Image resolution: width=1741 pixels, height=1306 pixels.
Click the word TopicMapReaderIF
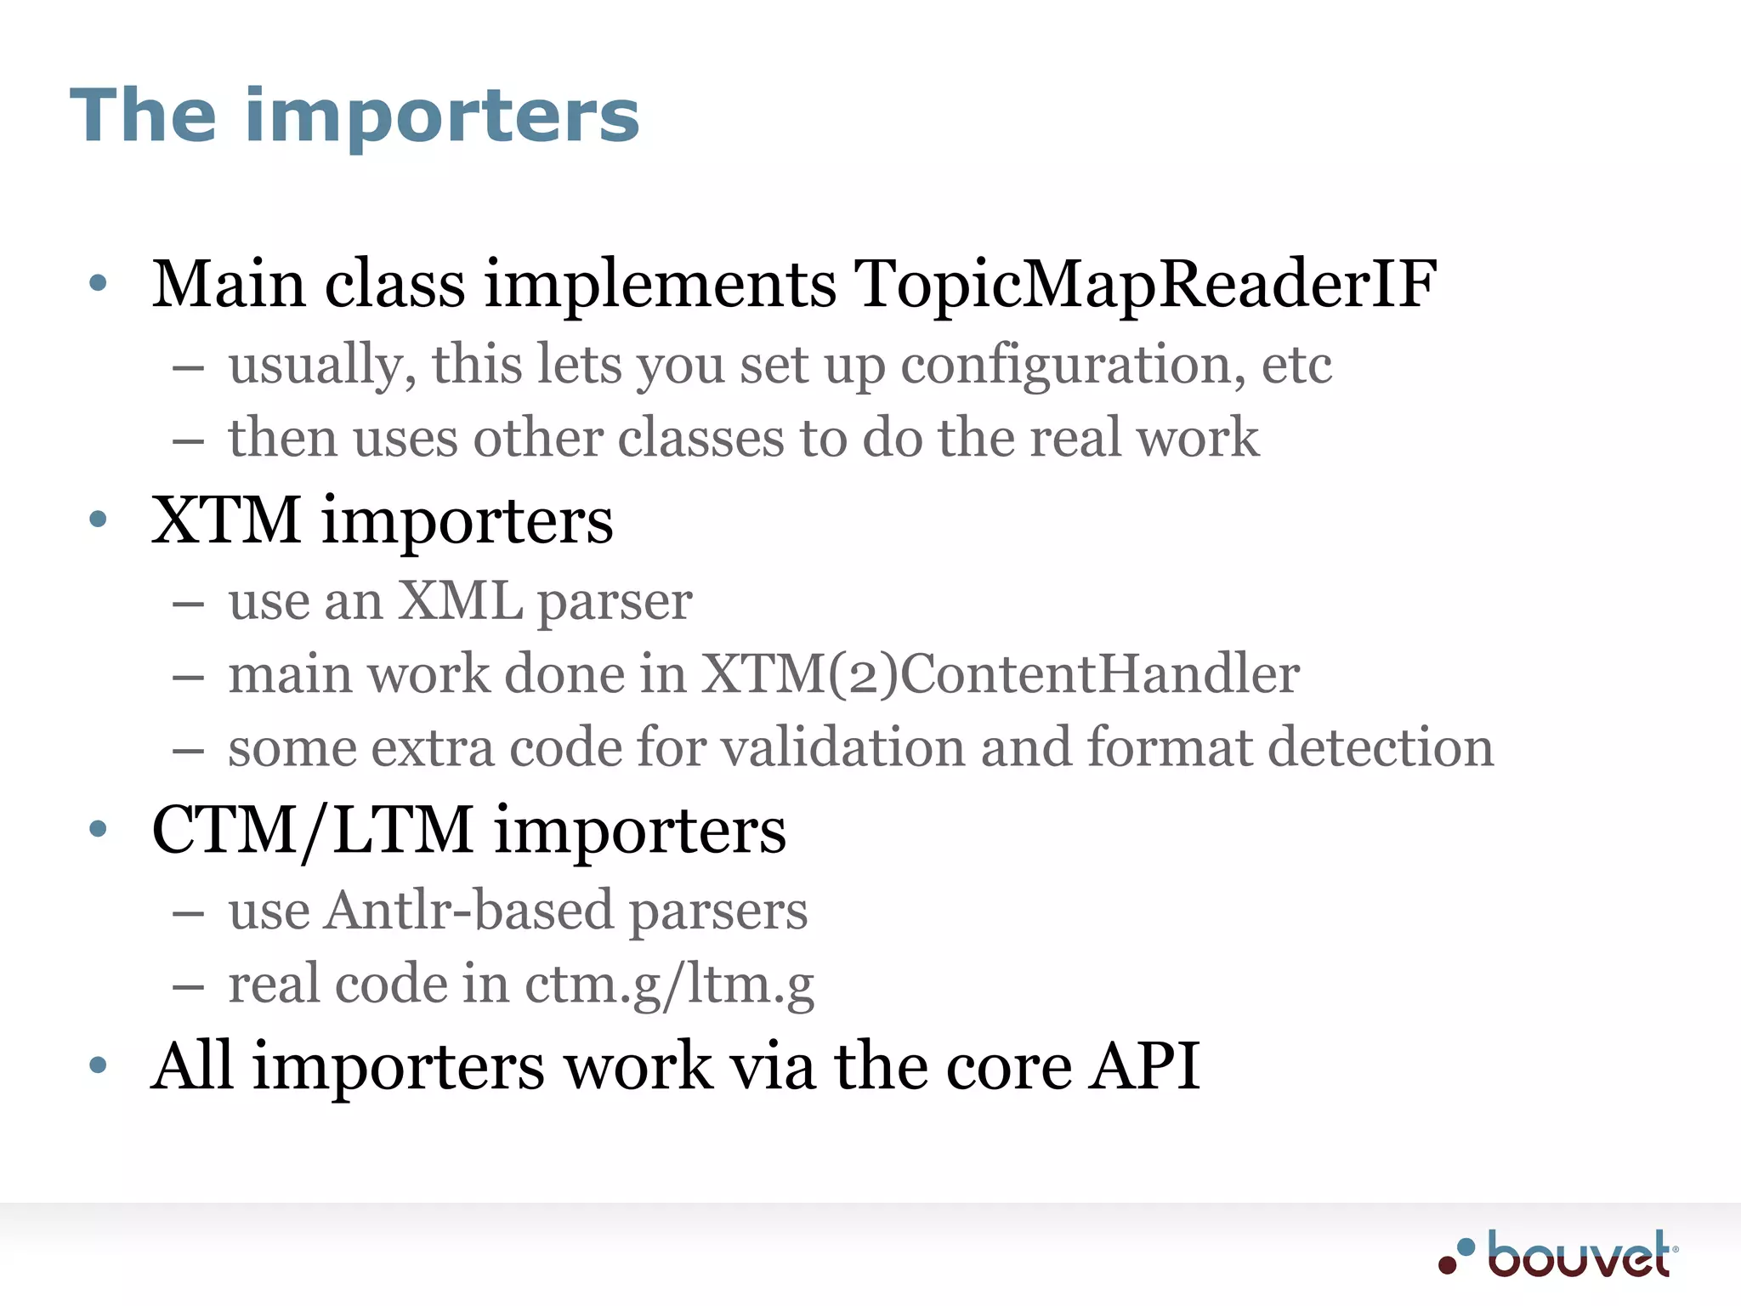(x=1144, y=285)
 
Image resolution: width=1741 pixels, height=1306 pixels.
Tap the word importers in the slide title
(x=442, y=116)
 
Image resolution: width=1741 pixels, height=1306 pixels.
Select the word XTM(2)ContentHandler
(x=1001, y=674)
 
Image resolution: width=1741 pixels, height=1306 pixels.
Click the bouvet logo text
(x=1579, y=1255)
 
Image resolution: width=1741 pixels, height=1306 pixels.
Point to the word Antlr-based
(x=469, y=911)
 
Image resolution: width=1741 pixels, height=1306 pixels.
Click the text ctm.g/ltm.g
(x=670, y=984)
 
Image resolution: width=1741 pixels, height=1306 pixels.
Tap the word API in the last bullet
(x=1145, y=1065)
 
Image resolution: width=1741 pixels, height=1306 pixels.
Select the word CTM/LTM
(x=313, y=831)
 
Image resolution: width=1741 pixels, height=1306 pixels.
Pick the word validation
(x=836, y=748)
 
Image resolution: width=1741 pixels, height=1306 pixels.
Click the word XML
(x=460, y=601)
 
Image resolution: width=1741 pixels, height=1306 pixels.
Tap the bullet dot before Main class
(x=99, y=283)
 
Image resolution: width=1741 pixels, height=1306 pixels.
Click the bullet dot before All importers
(x=99, y=1065)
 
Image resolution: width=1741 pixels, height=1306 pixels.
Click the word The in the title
(x=143, y=116)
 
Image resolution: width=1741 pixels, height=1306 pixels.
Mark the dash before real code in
(x=188, y=987)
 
